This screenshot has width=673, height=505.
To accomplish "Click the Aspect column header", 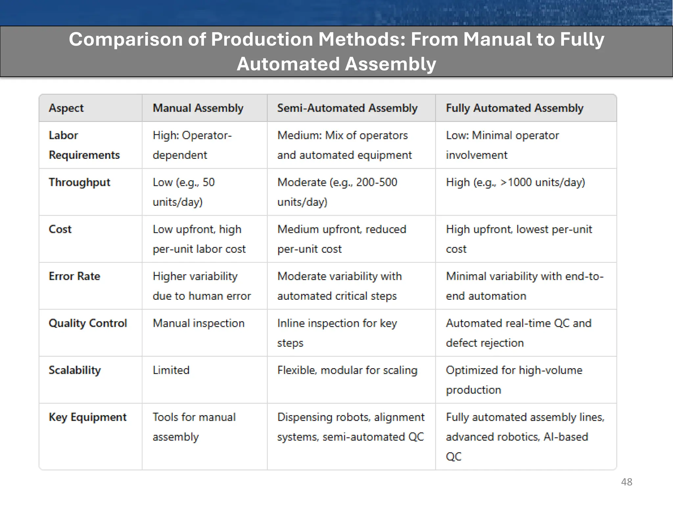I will pos(66,108).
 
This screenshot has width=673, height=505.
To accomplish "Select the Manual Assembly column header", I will pos(198,108).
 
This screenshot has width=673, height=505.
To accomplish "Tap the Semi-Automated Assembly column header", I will pos(347,108).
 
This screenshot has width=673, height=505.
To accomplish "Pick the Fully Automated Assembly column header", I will pos(514,108).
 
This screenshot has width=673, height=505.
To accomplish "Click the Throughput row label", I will pos(79,182).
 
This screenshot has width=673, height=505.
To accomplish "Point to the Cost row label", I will pos(60,229).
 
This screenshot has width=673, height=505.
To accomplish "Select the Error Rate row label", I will pos(74,276).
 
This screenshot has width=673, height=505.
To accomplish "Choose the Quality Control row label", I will pos(87,323).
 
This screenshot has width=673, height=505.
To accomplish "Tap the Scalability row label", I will pos(75,370).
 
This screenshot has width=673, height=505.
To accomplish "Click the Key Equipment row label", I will pos(87,417).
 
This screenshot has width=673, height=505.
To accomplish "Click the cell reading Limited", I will pos(171,370).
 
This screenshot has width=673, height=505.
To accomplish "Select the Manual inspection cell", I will pos(198,323).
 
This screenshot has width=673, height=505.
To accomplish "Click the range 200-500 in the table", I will pos(377,182).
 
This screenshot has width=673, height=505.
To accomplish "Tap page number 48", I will pos(626,482).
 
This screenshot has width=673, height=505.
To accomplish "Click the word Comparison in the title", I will pos(126,39).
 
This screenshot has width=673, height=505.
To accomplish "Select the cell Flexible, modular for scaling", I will pos(347,370).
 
